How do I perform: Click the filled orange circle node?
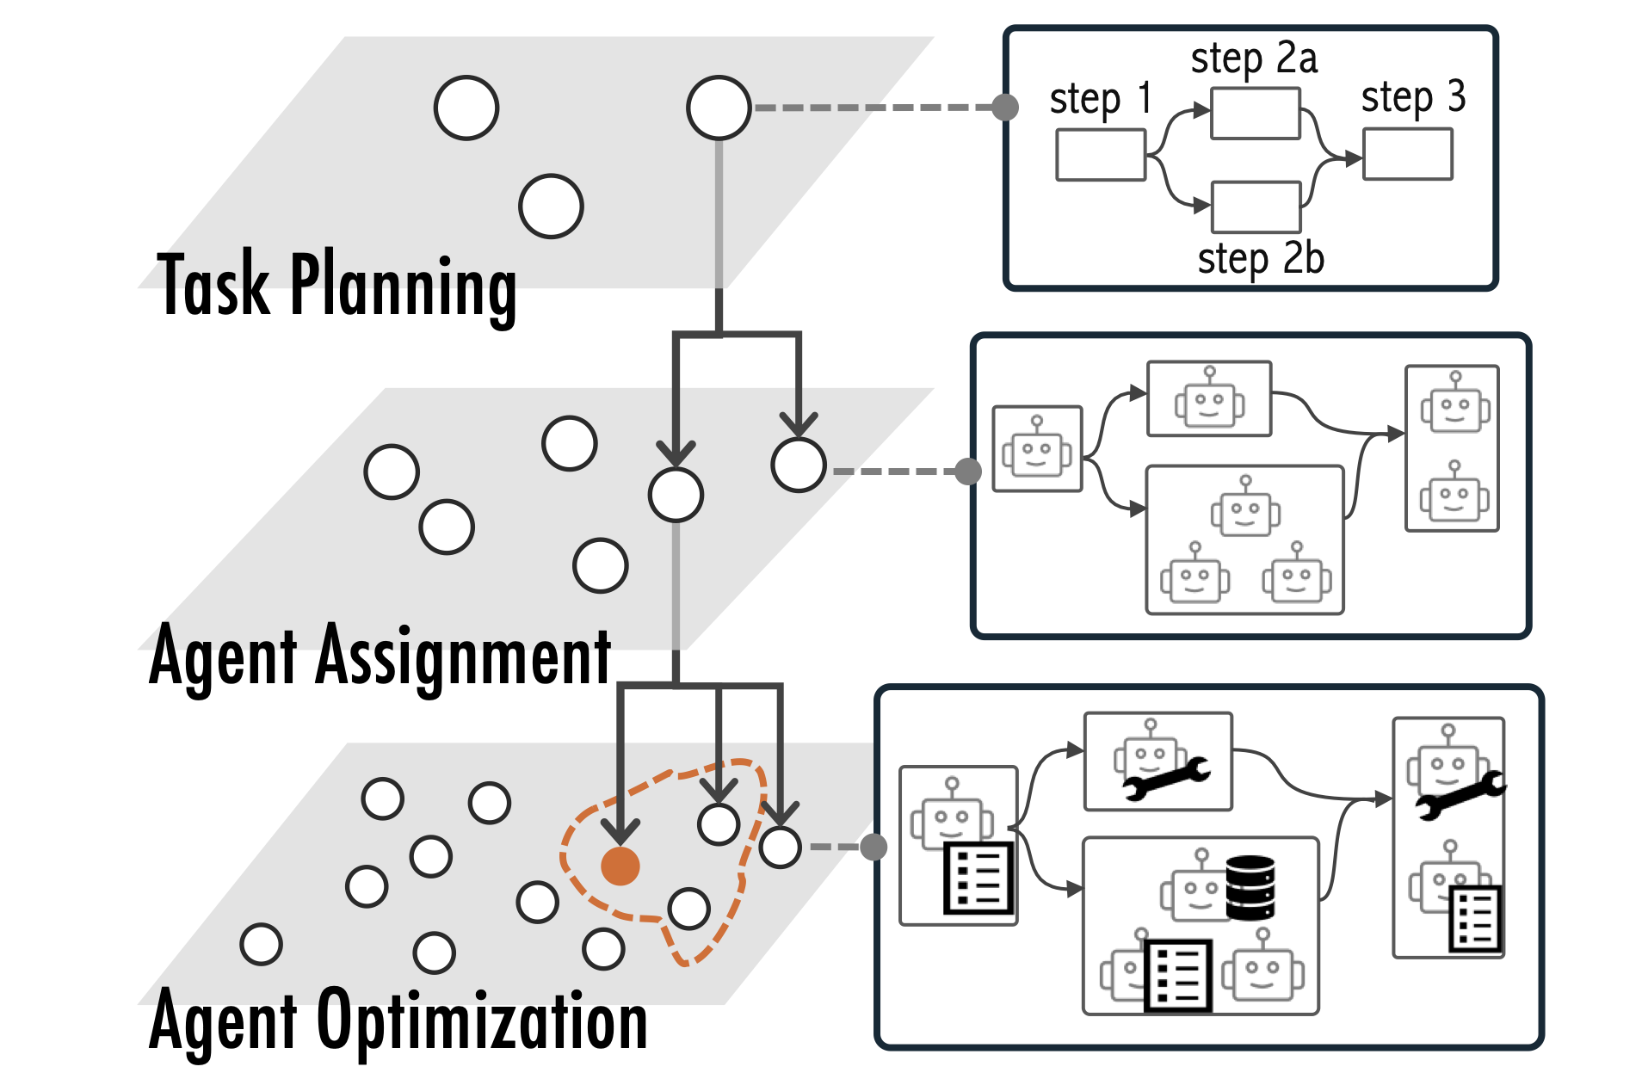(x=620, y=865)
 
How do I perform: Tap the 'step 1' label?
(x=1099, y=99)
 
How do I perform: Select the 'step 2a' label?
(x=1253, y=59)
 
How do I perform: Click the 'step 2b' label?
(x=1260, y=258)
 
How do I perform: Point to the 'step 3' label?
(x=1412, y=97)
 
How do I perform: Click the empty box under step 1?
(x=1101, y=155)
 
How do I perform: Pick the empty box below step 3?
(x=1408, y=154)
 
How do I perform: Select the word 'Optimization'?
(x=482, y=1021)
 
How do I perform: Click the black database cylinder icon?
(x=1250, y=887)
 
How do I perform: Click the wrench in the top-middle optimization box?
(x=1167, y=777)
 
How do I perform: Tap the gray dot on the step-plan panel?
(x=1005, y=108)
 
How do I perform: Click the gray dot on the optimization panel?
(x=873, y=847)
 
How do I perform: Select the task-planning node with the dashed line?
(x=719, y=108)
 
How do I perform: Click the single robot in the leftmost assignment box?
(x=1037, y=450)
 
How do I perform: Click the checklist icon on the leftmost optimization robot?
(x=978, y=878)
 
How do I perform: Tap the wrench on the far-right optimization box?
(x=1461, y=794)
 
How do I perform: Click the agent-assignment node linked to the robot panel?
(x=799, y=465)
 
